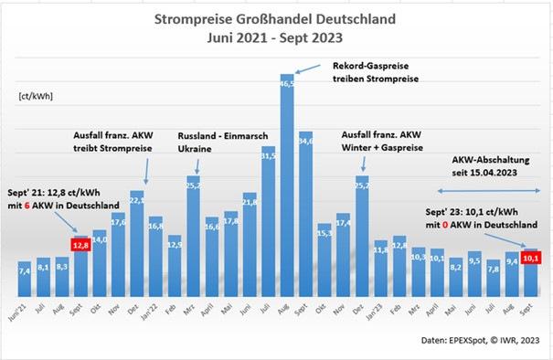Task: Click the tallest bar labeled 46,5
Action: pos(286,183)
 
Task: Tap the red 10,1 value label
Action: pos(530,258)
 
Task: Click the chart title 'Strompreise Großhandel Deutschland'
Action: pos(276,17)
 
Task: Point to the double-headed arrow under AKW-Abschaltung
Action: pos(484,190)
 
